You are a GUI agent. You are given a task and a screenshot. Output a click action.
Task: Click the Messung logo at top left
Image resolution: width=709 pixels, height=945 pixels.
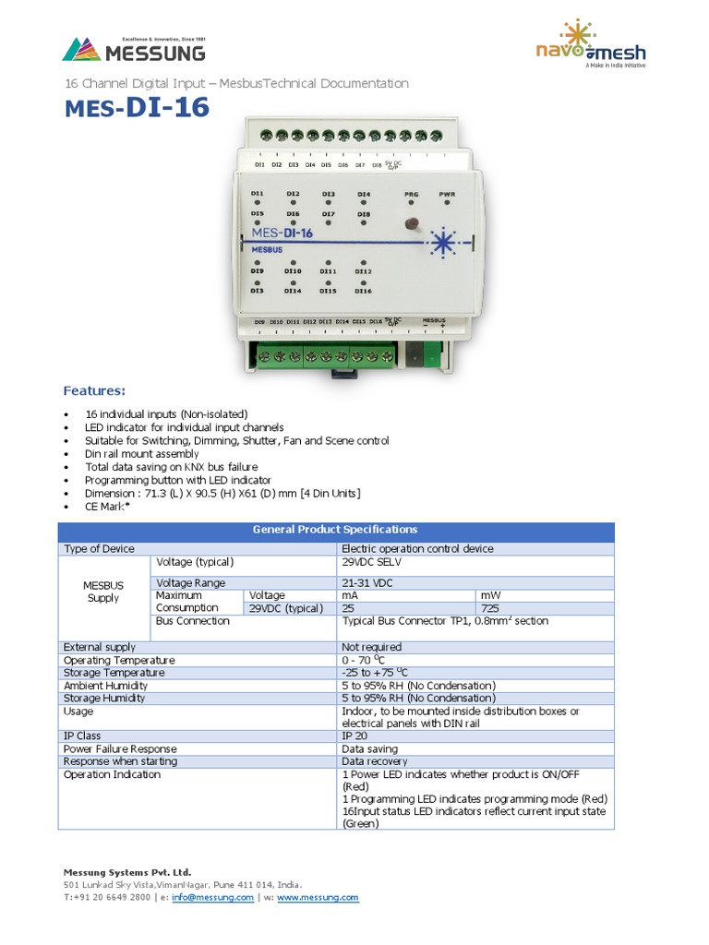pyautogui.click(x=133, y=49)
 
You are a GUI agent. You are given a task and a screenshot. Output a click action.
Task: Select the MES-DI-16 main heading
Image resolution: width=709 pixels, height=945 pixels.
pyautogui.click(x=137, y=110)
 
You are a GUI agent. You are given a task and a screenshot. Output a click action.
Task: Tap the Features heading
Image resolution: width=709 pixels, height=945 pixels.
pyautogui.click(x=94, y=390)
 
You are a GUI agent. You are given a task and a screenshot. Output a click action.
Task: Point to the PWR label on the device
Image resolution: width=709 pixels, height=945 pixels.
pyautogui.click(x=447, y=195)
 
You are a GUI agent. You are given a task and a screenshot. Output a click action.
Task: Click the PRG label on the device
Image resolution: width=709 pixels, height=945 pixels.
pyautogui.click(x=413, y=195)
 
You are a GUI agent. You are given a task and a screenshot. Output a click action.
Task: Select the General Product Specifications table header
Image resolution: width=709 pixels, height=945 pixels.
pyautogui.click(x=335, y=530)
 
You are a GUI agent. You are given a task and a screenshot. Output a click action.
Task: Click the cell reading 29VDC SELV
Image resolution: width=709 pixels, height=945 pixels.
pyautogui.click(x=372, y=562)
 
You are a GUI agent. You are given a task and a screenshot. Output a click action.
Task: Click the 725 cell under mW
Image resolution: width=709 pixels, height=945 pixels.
pyautogui.click(x=491, y=608)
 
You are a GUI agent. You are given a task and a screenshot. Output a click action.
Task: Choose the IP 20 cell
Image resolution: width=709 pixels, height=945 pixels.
pyautogui.click(x=354, y=736)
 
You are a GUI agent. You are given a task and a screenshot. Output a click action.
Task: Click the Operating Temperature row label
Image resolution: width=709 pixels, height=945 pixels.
pyautogui.click(x=119, y=660)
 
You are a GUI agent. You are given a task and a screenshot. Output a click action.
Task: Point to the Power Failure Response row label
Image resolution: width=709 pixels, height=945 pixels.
pyautogui.click(x=120, y=749)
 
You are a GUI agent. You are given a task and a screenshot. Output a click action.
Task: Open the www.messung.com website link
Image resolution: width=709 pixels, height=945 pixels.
pyautogui.click(x=318, y=897)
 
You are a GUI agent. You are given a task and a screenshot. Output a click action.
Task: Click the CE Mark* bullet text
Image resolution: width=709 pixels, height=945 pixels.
pyautogui.click(x=107, y=507)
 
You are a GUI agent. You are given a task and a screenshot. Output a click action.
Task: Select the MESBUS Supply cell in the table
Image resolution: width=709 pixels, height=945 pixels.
pyautogui.click(x=103, y=592)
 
